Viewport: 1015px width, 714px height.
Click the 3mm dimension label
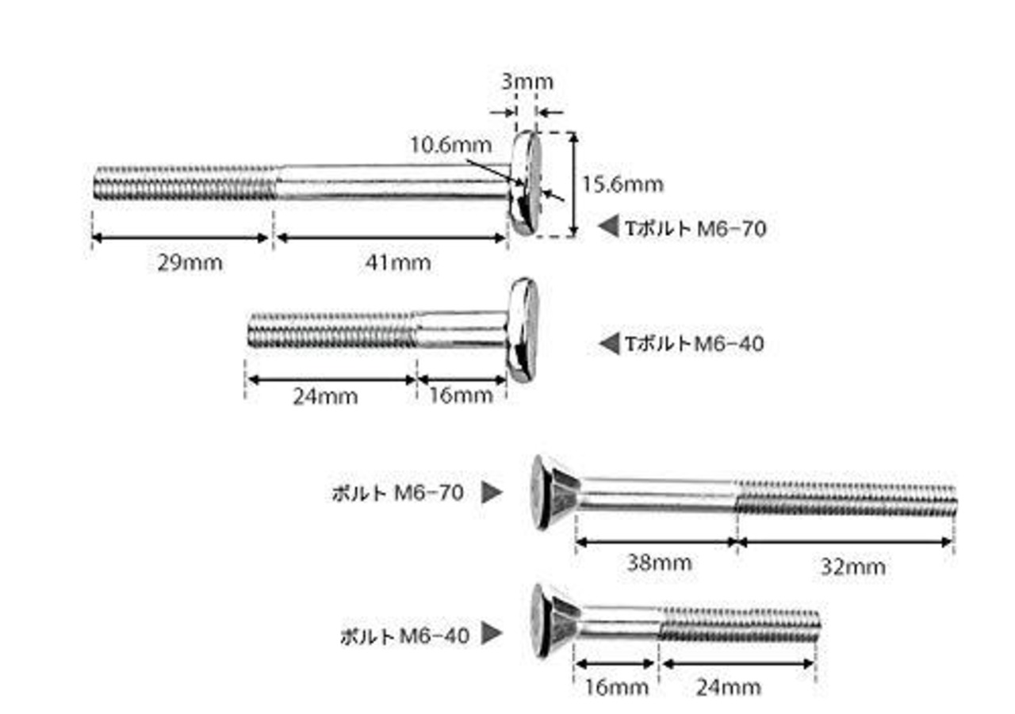click(x=527, y=82)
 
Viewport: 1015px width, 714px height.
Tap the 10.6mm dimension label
click(x=451, y=145)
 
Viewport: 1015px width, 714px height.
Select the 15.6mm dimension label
click(x=622, y=185)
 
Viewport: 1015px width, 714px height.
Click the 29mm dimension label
click(x=190, y=262)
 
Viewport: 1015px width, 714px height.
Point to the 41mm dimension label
click(x=398, y=262)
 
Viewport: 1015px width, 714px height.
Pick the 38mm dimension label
click(x=659, y=563)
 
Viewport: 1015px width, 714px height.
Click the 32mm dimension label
click(x=852, y=567)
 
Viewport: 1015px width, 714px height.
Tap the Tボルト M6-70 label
click(x=696, y=229)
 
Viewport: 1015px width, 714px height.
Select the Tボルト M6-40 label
click(x=695, y=344)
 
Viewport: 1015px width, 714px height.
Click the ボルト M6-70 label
click(x=398, y=493)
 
